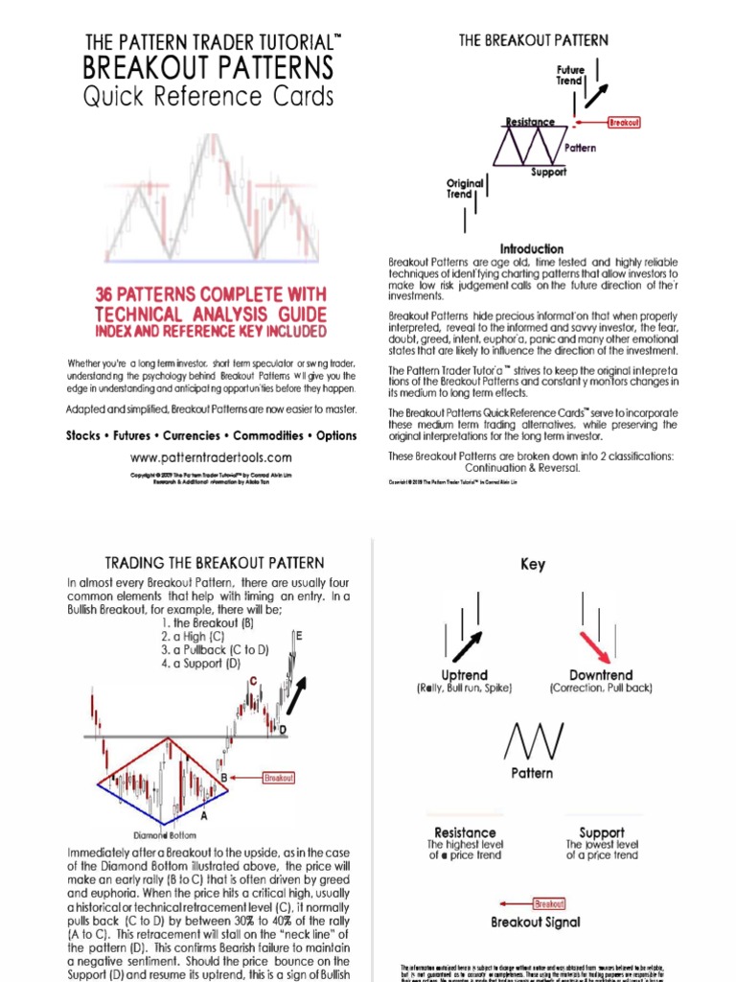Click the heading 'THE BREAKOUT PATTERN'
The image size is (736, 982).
coord(533,40)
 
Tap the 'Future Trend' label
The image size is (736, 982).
coord(570,76)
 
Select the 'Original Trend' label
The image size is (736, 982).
coord(459,188)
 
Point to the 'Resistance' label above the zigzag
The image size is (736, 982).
coord(530,122)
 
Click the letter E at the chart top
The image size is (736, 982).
coord(299,635)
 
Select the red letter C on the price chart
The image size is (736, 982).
coord(253,681)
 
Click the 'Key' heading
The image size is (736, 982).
coord(533,564)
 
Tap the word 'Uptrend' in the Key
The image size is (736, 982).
coord(464,675)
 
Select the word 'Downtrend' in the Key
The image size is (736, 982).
coord(601,675)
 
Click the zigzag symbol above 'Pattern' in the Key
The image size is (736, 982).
coord(531,739)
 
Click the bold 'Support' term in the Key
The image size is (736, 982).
coord(602,832)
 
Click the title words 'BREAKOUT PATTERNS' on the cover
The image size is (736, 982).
coord(209,68)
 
